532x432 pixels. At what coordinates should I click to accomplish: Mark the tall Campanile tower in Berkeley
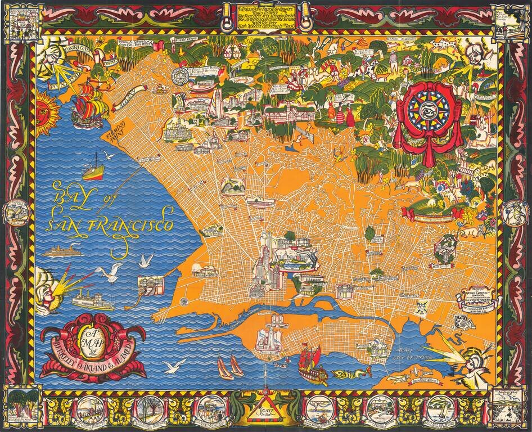(x=214, y=105)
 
